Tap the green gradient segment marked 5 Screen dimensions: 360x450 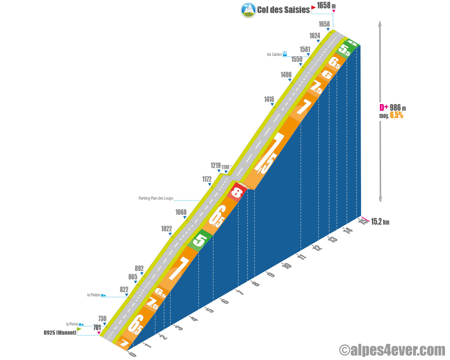[x=200, y=240]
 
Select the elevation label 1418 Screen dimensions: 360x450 [x=269, y=99]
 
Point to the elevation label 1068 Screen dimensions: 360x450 [x=181, y=212]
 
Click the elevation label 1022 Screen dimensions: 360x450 [x=166, y=229]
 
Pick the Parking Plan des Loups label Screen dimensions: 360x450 [x=156, y=198]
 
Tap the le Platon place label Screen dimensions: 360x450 [x=94, y=295]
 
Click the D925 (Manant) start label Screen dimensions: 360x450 [x=60, y=333]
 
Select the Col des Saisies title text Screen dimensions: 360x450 [x=283, y=10]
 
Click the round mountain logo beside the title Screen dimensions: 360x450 [x=248, y=10]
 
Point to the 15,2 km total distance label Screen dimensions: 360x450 [x=380, y=222]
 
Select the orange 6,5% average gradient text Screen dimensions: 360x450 [x=397, y=115]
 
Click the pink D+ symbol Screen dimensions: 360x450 [x=384, y=108]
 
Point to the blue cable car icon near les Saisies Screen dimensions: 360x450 [x=285, y=54]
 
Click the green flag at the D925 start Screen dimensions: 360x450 [x=79, y=329]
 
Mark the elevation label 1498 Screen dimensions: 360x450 [x=286, y=75]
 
